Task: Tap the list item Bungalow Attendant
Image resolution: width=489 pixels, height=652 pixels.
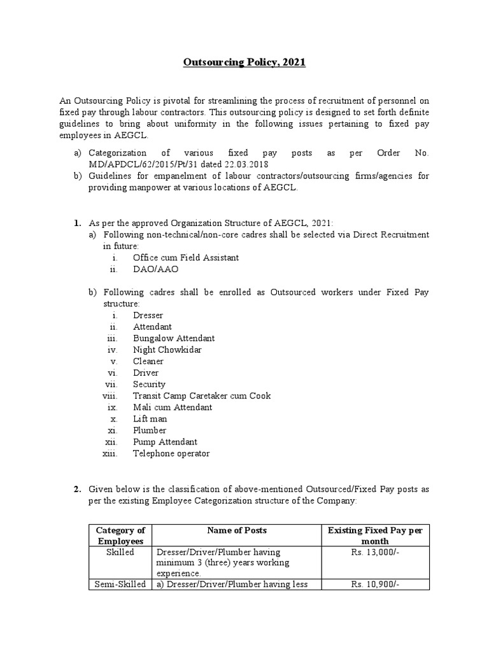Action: [174, 338]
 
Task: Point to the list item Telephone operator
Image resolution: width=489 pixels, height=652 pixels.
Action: [171, 453]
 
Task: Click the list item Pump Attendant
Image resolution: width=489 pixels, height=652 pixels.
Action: [165, 442]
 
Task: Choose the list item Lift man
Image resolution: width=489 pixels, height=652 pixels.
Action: [150, 419]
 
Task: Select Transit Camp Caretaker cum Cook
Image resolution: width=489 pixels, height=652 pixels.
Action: [202, 395]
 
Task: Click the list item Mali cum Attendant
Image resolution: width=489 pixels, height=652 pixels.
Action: [173, 407]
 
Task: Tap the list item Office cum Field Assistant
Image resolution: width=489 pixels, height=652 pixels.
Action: [186, 257]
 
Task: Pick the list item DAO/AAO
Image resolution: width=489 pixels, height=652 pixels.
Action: [156, 269]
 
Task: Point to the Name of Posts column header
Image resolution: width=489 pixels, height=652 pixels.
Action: [237, 530]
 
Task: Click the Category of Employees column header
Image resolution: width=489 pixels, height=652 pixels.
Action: [120, 535]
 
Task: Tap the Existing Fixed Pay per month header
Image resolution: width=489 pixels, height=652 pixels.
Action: [378, 535]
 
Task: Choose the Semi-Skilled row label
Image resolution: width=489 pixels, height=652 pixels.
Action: [120, 584]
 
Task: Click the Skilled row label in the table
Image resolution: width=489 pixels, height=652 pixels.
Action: [120, 552]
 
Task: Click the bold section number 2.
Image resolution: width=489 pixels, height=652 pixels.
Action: [76, 489]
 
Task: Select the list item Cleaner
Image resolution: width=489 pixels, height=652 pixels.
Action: [148, 361]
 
